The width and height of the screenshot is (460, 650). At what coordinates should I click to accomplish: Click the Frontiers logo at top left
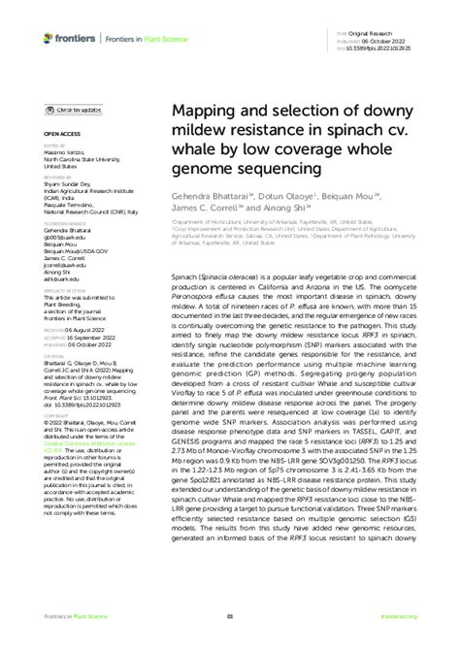(64, 37)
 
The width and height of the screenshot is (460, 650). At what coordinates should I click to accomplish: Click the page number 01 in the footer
(230, 642)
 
